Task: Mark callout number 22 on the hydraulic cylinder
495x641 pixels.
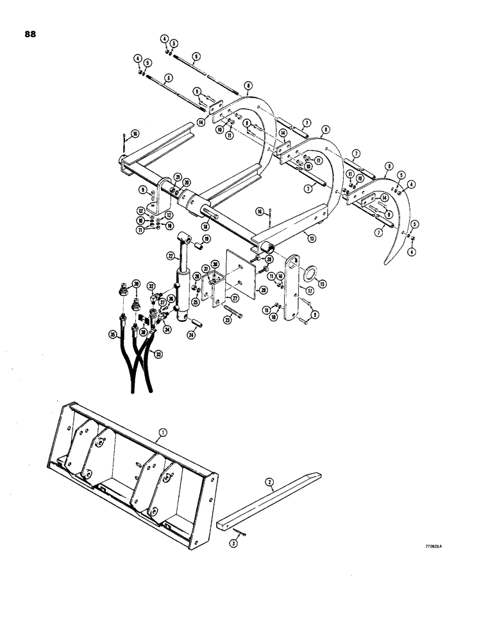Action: pos(171,255)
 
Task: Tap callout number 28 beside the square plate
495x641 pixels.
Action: pos(262,290)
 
